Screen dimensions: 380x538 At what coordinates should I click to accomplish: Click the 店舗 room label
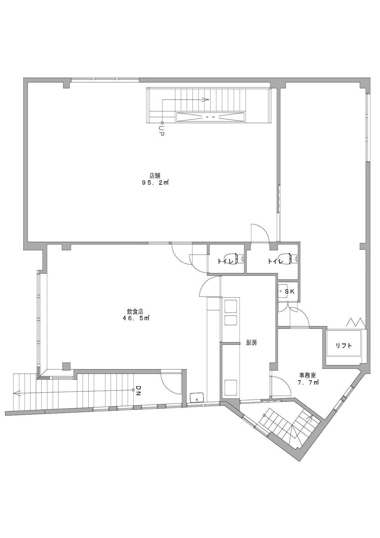155,176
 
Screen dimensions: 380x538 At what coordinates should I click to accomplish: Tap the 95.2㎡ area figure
155,183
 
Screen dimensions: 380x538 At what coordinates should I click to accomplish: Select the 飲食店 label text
135,311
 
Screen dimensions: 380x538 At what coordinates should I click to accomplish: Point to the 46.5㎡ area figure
136,318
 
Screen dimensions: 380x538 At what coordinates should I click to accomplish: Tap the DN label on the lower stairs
138,391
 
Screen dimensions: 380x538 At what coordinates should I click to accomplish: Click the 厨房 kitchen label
251,343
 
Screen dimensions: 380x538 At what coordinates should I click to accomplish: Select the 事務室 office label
307,375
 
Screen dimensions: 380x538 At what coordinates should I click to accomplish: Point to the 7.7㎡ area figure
308,382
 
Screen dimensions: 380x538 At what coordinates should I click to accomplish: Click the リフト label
344,346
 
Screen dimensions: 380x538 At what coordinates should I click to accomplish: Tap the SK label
290,292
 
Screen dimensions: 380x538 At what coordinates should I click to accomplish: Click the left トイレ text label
226,261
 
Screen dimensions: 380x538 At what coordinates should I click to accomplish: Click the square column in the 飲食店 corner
66,367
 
